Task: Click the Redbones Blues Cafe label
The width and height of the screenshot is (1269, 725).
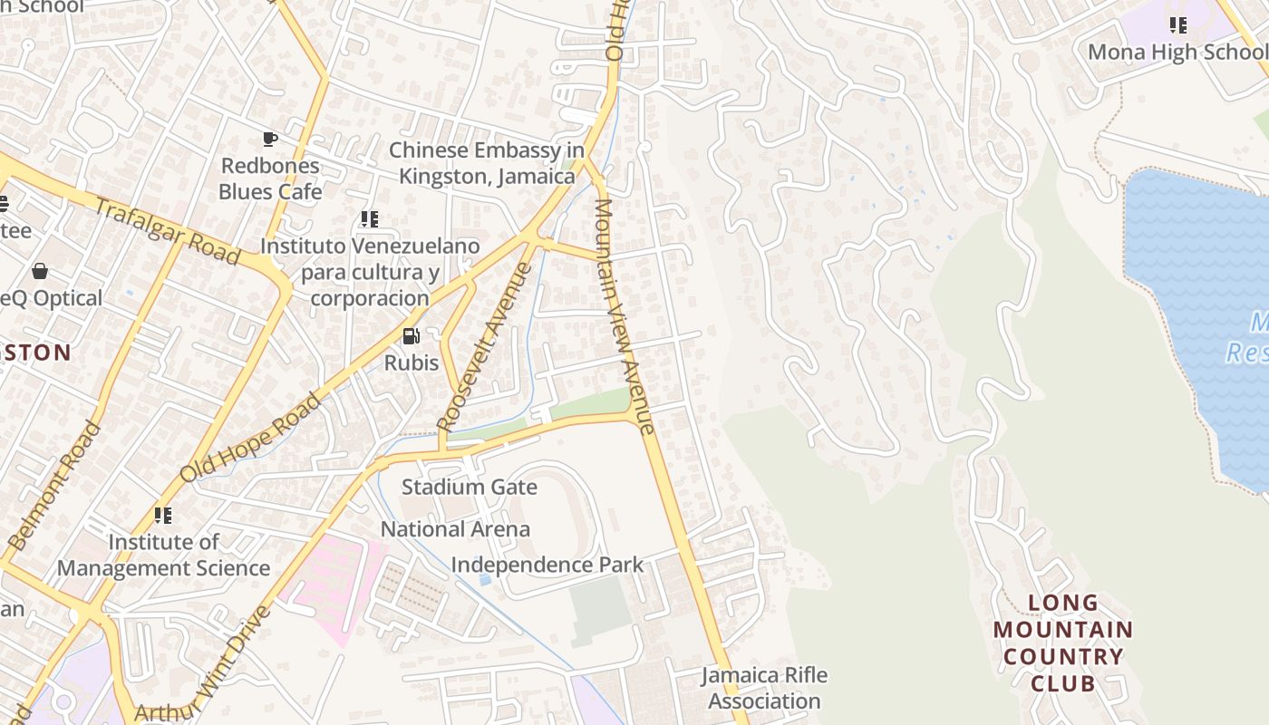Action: (x=270, y=179)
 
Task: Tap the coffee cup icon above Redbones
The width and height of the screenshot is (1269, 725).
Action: (x=270, y=139)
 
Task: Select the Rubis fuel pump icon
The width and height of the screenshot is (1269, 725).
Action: (x=412, y=336)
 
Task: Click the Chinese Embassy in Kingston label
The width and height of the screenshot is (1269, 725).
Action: (x=487, y=163)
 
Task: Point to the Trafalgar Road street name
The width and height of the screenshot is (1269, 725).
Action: (x=168, y=232)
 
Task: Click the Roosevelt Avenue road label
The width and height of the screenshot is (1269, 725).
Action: (x=484, y=346)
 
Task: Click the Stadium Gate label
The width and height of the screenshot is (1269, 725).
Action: (x=469, y=487)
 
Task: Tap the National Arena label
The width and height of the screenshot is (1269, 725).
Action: (x=455, y=528)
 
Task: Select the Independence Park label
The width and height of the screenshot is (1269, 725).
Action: (x=547, y=565)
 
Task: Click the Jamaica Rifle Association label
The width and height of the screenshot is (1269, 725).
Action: (x=764, y=688)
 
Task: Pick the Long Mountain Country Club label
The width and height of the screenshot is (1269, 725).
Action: (x=1062, y=643)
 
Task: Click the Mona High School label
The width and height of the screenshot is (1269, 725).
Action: (x=1177, y=52)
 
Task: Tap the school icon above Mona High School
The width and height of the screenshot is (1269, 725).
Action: (x=1177, y=24)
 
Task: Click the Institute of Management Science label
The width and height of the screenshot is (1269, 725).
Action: (x=163, y=555)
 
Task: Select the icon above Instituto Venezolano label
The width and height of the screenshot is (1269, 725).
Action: (x=369, y=218)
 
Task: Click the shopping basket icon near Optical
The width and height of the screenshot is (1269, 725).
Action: (x=40, y=271)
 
